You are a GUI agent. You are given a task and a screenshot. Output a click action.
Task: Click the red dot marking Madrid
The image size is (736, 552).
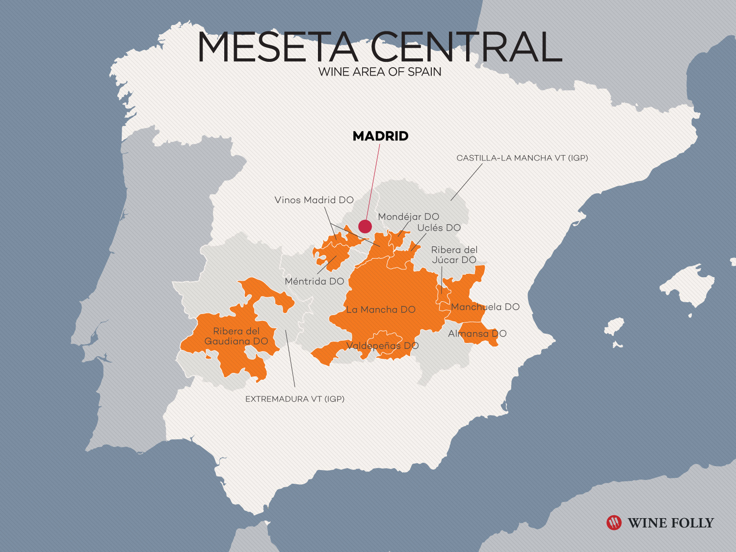[365, 226]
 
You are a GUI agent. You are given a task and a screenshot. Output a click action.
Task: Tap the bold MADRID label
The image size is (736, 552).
[380, 136]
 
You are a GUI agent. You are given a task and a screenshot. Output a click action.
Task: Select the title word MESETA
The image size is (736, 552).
[277, 48]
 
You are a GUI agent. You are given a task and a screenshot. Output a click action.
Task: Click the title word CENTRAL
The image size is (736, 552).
[466, 48]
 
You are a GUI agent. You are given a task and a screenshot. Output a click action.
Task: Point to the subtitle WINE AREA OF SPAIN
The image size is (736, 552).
[380, 72]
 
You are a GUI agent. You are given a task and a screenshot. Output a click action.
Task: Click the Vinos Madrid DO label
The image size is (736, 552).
[314, 200]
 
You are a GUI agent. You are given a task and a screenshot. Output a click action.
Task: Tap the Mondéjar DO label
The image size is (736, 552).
[408, 217]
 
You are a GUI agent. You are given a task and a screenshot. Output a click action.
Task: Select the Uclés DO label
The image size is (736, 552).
[439, 228]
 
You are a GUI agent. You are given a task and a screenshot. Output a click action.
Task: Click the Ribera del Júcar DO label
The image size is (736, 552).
[454, 255]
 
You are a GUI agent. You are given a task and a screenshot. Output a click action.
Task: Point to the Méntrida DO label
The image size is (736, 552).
[315, 282]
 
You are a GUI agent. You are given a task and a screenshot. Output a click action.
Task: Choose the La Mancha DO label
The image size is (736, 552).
[381, 310]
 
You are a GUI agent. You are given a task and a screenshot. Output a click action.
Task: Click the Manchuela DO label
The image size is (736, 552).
[485, 307]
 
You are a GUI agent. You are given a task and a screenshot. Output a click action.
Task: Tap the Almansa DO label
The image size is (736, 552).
[477, 334]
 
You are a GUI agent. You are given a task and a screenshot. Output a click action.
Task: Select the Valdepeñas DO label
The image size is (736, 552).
[382, 346]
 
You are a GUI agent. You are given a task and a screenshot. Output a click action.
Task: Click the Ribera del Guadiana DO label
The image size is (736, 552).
[236, 336]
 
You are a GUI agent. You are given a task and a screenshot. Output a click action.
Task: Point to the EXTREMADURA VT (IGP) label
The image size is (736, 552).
[295, 399]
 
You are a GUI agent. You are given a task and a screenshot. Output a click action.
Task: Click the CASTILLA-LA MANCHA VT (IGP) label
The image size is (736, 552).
[522, 158]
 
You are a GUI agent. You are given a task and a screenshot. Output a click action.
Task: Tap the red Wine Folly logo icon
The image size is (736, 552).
[614, 523]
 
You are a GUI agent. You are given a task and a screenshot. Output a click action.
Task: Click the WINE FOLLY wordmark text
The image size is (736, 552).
[671, 523]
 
